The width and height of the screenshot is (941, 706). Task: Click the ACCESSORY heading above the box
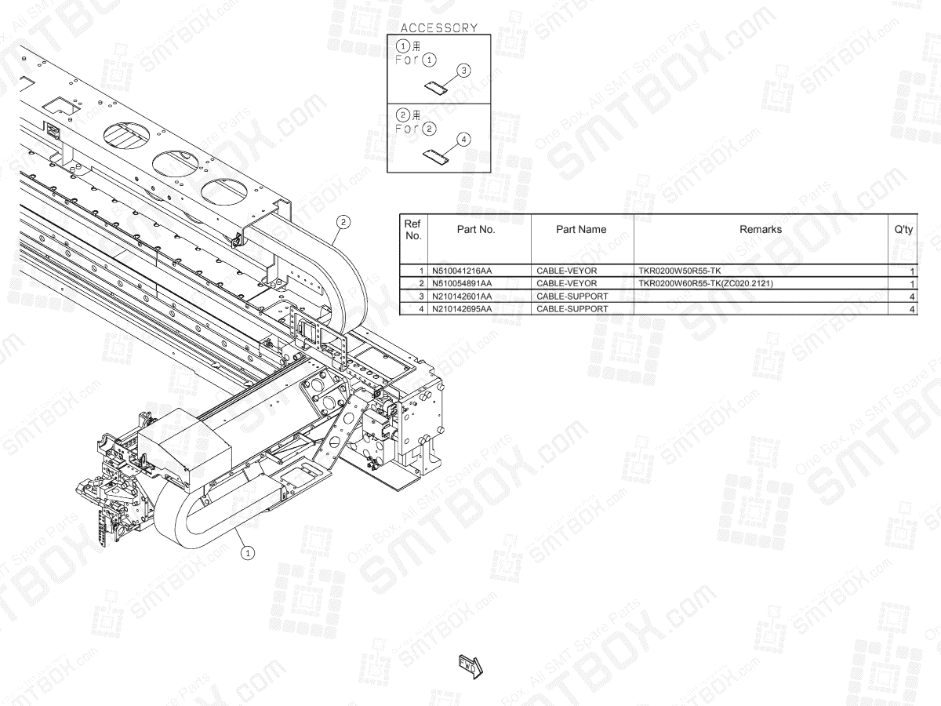pos(439,27)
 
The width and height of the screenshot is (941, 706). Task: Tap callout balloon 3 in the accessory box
pos(464,71)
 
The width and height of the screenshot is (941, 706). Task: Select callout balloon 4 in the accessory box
pos(464,139)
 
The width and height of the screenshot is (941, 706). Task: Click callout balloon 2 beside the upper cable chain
pos(343,222)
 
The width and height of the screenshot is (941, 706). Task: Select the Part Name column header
pos(581,230)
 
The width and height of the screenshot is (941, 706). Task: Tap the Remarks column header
pos(760,230)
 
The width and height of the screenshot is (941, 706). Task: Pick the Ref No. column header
pos(412,230)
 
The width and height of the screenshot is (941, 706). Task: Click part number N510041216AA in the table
pos(463,271)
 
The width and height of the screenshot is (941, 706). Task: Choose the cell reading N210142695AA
pos(463,308)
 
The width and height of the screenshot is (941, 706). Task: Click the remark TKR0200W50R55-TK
pos(680,271)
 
